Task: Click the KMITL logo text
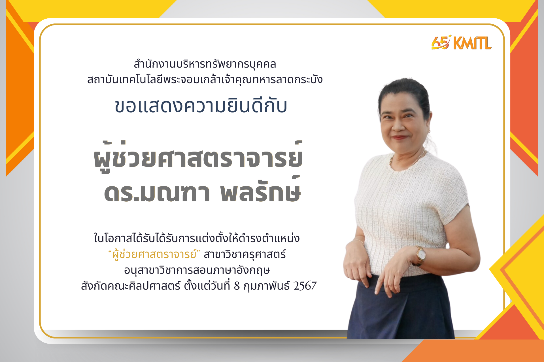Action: coord(473,43)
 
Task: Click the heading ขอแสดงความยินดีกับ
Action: coord(201,106)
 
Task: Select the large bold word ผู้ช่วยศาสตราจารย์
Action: coord(198,157)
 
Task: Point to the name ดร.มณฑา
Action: coord(157,193)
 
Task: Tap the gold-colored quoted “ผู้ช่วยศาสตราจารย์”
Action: coord(154,254)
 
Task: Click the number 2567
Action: coord(305,286)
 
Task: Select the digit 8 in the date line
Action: coord(237,286)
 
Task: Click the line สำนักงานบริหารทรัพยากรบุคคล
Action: coord(205,64)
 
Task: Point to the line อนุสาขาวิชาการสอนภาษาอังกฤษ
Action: coord(197,270)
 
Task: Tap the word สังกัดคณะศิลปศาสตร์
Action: coord(131,286)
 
